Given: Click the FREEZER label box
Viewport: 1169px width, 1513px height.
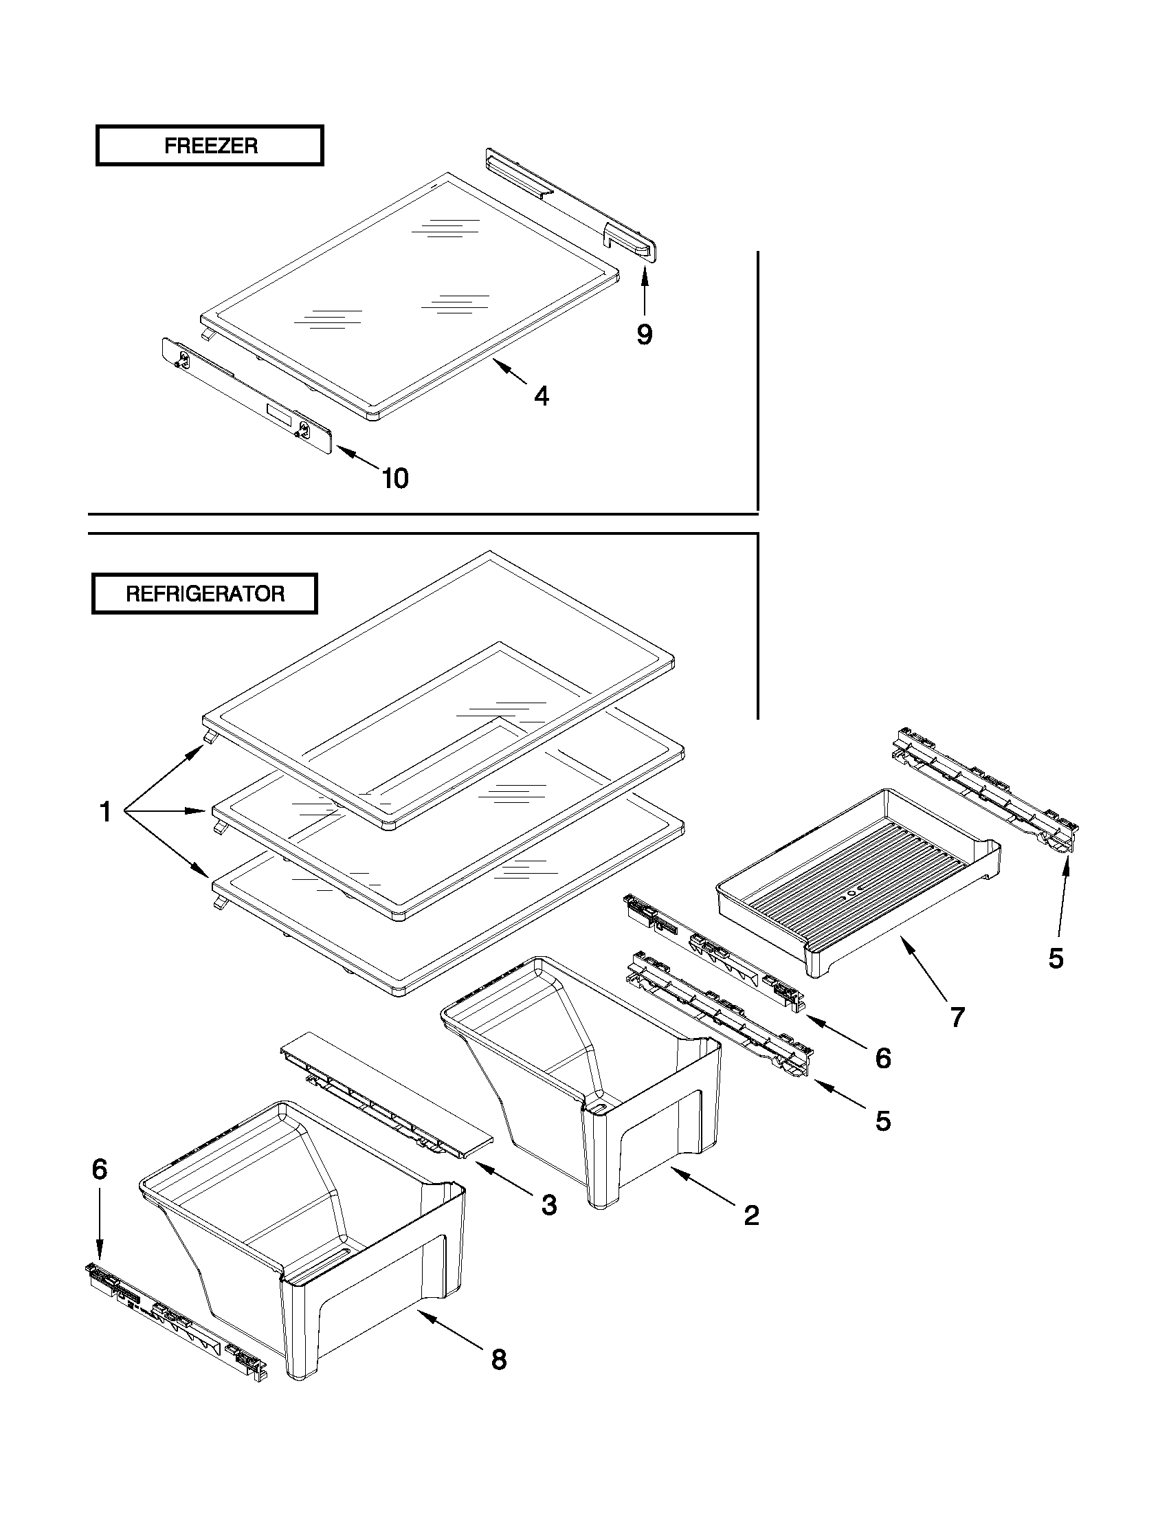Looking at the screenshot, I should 210,146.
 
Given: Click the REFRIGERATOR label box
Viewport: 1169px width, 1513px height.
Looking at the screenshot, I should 205,594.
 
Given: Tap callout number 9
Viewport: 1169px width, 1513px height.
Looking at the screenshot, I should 644,335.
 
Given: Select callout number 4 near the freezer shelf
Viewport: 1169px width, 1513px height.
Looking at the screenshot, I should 542,396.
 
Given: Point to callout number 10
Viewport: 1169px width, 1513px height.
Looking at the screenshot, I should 395,478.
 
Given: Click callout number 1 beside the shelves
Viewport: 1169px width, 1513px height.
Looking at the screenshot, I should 105,811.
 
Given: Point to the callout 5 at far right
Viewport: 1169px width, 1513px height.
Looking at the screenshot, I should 1056,959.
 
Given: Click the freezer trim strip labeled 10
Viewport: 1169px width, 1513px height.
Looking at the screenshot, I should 246,395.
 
